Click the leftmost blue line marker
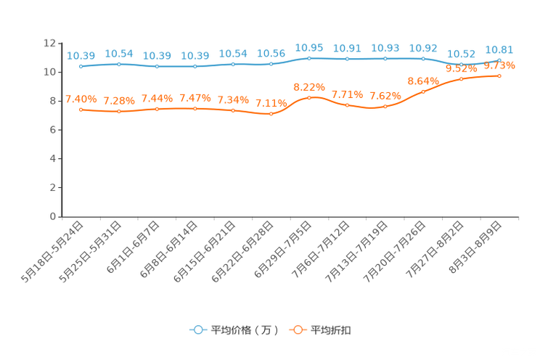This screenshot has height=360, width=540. [x=81, y=66]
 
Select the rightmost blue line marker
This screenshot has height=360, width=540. [x=499, y=60]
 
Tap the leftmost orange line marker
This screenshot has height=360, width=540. [x=81, y=110]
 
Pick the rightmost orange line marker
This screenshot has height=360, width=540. [x=499, y=75]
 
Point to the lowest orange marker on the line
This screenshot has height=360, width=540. [x=271, y=114]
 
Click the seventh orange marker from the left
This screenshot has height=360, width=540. [x=309, y=97]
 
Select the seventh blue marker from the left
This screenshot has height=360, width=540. [x=309, y=58]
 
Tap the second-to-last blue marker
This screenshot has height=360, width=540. [x=461, y=64]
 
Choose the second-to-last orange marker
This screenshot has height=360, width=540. [x=461, y=78]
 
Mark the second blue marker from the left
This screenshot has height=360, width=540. [x=119, y=64]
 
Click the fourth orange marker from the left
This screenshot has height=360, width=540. [x=195, y=109]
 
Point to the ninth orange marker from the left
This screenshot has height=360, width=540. [x=385, y=107]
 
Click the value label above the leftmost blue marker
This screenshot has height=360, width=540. [x=81, y=55]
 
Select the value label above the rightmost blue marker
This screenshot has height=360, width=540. [x=499, y=49]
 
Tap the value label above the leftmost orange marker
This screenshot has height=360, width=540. [x=81, y=99]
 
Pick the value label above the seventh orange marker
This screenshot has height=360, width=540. [x=309, y=86]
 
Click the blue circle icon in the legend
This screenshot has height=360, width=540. [x=197, y=330]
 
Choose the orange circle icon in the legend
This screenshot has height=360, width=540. [x=296, y=330]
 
